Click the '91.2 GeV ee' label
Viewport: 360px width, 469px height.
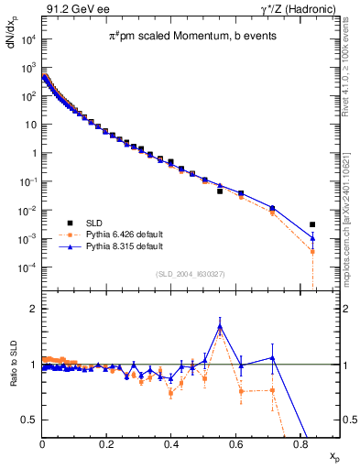pyautogui.click(x=71, y=8)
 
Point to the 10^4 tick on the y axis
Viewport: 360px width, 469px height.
pyautogui.click(x=28, y=39)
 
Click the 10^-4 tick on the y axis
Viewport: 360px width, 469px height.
pyautogui.click(x=28, y=267)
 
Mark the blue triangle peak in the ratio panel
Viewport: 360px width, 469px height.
pyautogui.click(x=220, y=324)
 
